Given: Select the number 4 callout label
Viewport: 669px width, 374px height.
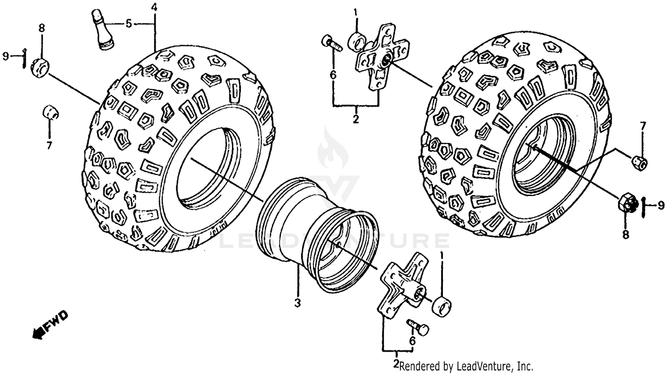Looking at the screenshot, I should coord(154,7).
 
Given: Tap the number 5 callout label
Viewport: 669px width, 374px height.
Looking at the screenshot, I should coord(128,24).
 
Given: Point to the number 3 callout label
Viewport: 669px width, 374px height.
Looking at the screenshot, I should coord(297,304).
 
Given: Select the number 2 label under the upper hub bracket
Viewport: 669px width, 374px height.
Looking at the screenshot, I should coord(355,119).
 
